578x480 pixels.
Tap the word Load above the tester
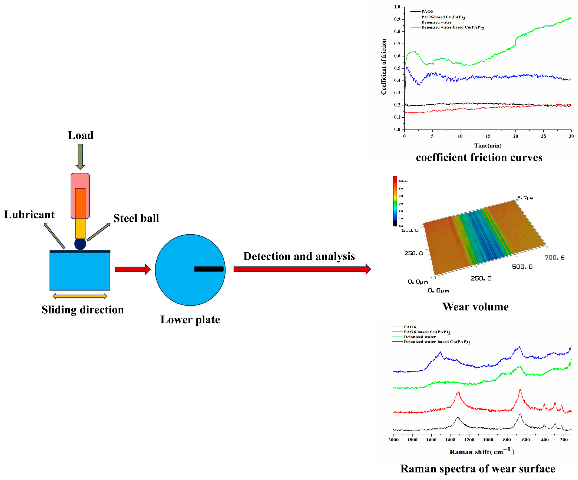pyautogui.click(x=81, y=135)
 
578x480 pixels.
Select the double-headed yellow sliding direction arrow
pyautogui.click(x=80, y=296)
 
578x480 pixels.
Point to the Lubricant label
pyautogui.click(x=29, y=215)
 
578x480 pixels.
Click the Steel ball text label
pyautogui.click(x=136, y=218)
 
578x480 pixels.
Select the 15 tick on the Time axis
pyautogui.click(x=488, y=136)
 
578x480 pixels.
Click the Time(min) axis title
pyautogui.click(x=488, y=145)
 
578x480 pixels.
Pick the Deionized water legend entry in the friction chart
pyautogui.click(x=436, y=22)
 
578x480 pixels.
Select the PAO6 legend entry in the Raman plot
pyautogui.click(x=410, y=327)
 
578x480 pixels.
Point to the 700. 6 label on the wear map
pyautogui.click(x=554, y=257)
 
